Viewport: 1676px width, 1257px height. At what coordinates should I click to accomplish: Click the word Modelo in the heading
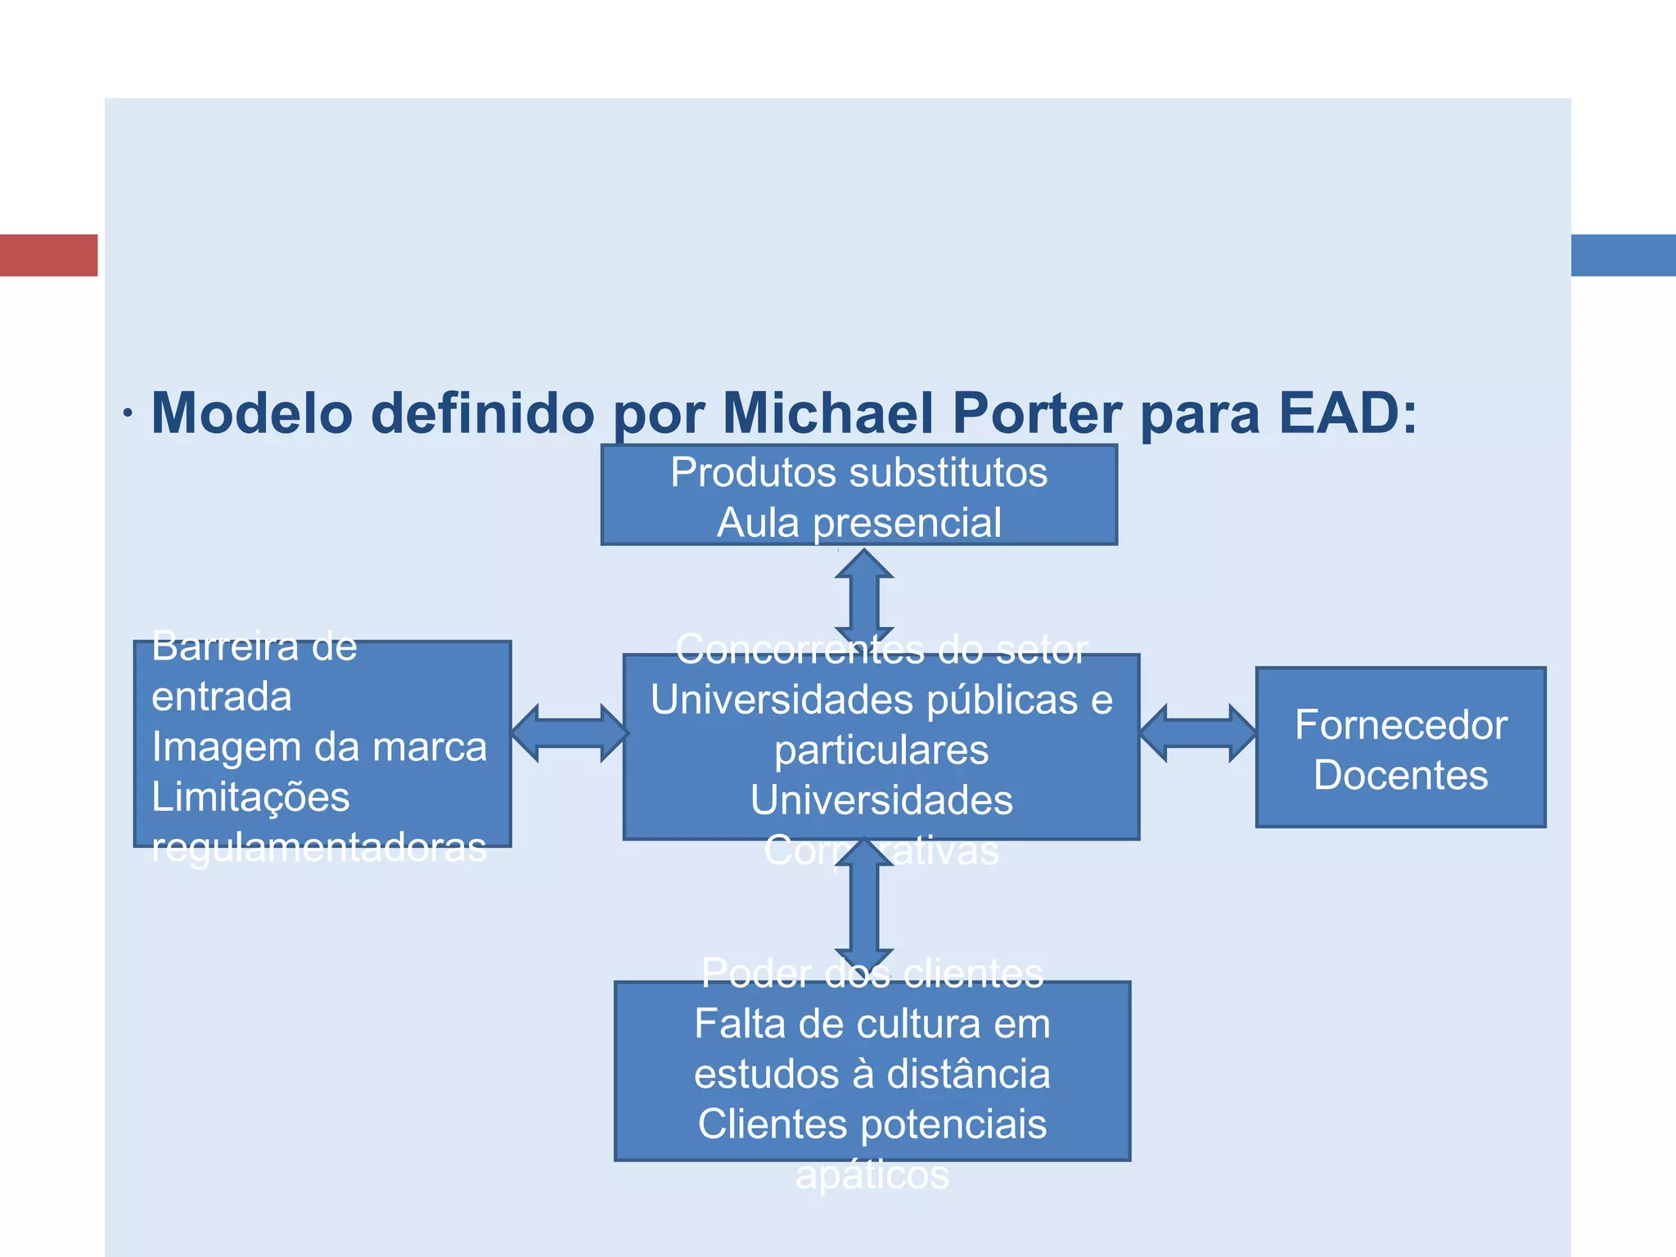point(252,412)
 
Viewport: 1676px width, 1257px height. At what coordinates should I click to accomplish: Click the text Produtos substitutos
point(858,472)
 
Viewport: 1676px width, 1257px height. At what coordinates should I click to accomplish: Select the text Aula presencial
point(858,523)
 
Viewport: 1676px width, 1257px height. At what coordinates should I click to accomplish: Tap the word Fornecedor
point(1400,725)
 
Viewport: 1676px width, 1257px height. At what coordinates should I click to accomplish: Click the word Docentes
point(1400,775)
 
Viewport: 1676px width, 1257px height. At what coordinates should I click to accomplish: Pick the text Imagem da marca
point(319,747)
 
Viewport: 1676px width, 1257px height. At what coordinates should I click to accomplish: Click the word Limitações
point(250,797)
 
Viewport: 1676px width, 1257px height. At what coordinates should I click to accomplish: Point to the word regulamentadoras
point(319,848)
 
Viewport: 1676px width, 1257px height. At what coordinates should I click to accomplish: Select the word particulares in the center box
point(881,750)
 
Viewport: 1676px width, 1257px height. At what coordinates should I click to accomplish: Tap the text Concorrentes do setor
point(881,650)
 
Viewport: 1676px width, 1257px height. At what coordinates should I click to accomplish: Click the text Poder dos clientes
point(872,973)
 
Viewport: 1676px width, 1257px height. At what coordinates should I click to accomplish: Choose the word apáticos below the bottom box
point(872,1175)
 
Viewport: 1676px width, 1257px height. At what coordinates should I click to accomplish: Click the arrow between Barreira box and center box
point(569,733)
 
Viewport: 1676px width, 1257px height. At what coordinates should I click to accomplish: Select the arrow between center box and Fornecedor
point(1197,733)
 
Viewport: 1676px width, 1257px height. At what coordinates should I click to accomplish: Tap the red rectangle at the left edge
point(48,255)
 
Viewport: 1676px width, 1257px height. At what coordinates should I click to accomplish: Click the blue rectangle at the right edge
point(1623,255)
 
